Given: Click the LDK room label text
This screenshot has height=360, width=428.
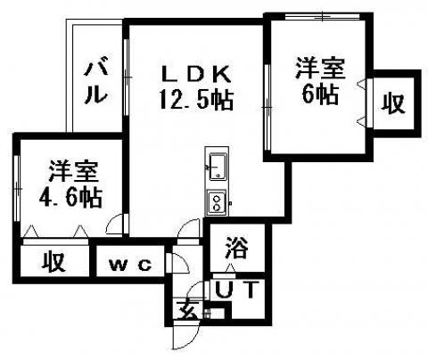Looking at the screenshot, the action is (195, 74).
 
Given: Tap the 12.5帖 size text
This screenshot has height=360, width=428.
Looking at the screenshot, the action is (196, 100).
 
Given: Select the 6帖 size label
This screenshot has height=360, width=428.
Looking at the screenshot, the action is (320, 94).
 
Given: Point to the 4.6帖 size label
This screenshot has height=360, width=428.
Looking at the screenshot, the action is (71, 197).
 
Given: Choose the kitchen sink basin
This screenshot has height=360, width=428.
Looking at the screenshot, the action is (218, 167).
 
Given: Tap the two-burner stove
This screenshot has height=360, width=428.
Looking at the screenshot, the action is (217, 202).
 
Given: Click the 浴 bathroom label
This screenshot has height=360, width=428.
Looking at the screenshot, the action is (236, 249).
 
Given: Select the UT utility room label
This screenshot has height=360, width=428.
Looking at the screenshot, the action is (235, 290).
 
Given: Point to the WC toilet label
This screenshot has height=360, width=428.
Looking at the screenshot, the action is (130, 265).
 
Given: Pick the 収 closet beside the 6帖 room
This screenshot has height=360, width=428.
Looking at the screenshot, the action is (393, 103).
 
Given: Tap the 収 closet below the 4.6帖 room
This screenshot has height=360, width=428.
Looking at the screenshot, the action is (53, 262).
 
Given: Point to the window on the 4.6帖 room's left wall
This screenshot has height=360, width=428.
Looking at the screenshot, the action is (17, 188).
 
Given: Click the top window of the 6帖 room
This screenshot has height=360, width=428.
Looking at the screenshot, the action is (323, 17).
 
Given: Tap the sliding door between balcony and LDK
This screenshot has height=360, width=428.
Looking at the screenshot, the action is (126, 78).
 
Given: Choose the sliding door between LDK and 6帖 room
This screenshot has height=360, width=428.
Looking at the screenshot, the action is (267, 107).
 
